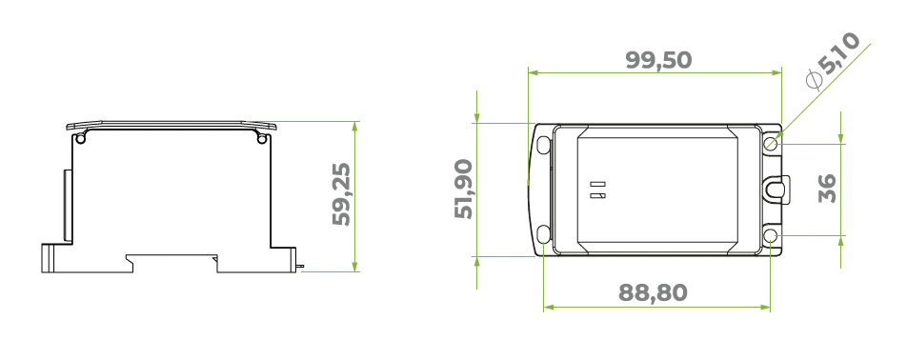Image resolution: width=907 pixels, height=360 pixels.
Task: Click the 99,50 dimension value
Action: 658,59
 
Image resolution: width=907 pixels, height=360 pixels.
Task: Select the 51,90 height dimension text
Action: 463,189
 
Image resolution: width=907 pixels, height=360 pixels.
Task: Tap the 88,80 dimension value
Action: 653,292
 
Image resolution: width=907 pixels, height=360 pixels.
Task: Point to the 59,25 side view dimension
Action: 341,194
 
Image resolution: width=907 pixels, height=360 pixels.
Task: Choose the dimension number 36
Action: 827,188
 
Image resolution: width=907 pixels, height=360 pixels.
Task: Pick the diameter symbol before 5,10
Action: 814,80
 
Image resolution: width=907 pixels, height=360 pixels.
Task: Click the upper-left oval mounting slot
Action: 544,145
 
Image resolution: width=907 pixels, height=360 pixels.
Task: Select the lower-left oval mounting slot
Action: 544,234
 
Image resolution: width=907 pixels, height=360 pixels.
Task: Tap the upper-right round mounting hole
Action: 770,143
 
